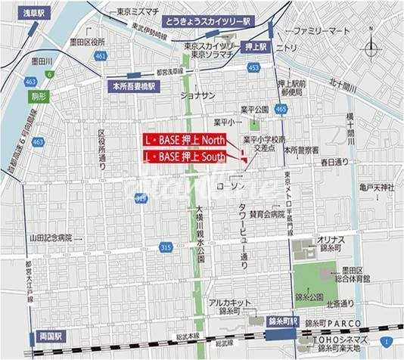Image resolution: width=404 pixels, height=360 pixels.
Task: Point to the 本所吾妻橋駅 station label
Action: tap(133, 86)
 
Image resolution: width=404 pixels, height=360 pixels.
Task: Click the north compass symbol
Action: tap(371, 51)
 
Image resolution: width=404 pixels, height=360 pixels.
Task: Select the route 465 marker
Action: tap(281, 110)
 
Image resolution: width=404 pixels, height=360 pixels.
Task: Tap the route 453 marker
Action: tap(253, 69)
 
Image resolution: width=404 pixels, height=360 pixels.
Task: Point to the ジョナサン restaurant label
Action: tap(197, 95)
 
